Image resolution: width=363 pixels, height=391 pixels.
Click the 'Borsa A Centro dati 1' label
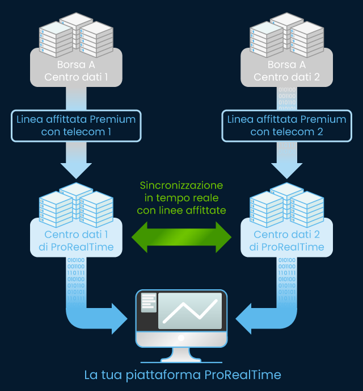tap(75, 70)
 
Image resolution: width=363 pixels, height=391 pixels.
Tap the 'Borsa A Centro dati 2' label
tap(286, 70)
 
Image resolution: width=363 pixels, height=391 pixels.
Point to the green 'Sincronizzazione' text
tap(181, 186)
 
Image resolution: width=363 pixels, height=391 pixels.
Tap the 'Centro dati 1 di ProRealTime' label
tap(75, 240)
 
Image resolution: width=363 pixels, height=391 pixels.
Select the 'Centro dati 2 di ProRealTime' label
tap(286, 240)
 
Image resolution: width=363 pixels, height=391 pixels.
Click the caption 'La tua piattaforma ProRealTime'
tap(182, 375)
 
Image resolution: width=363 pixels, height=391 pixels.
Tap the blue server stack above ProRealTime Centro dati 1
tap(76, 203)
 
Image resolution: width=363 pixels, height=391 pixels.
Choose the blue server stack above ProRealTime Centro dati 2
tap(287, 203)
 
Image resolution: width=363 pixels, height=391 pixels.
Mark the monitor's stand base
tap(181, 357)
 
